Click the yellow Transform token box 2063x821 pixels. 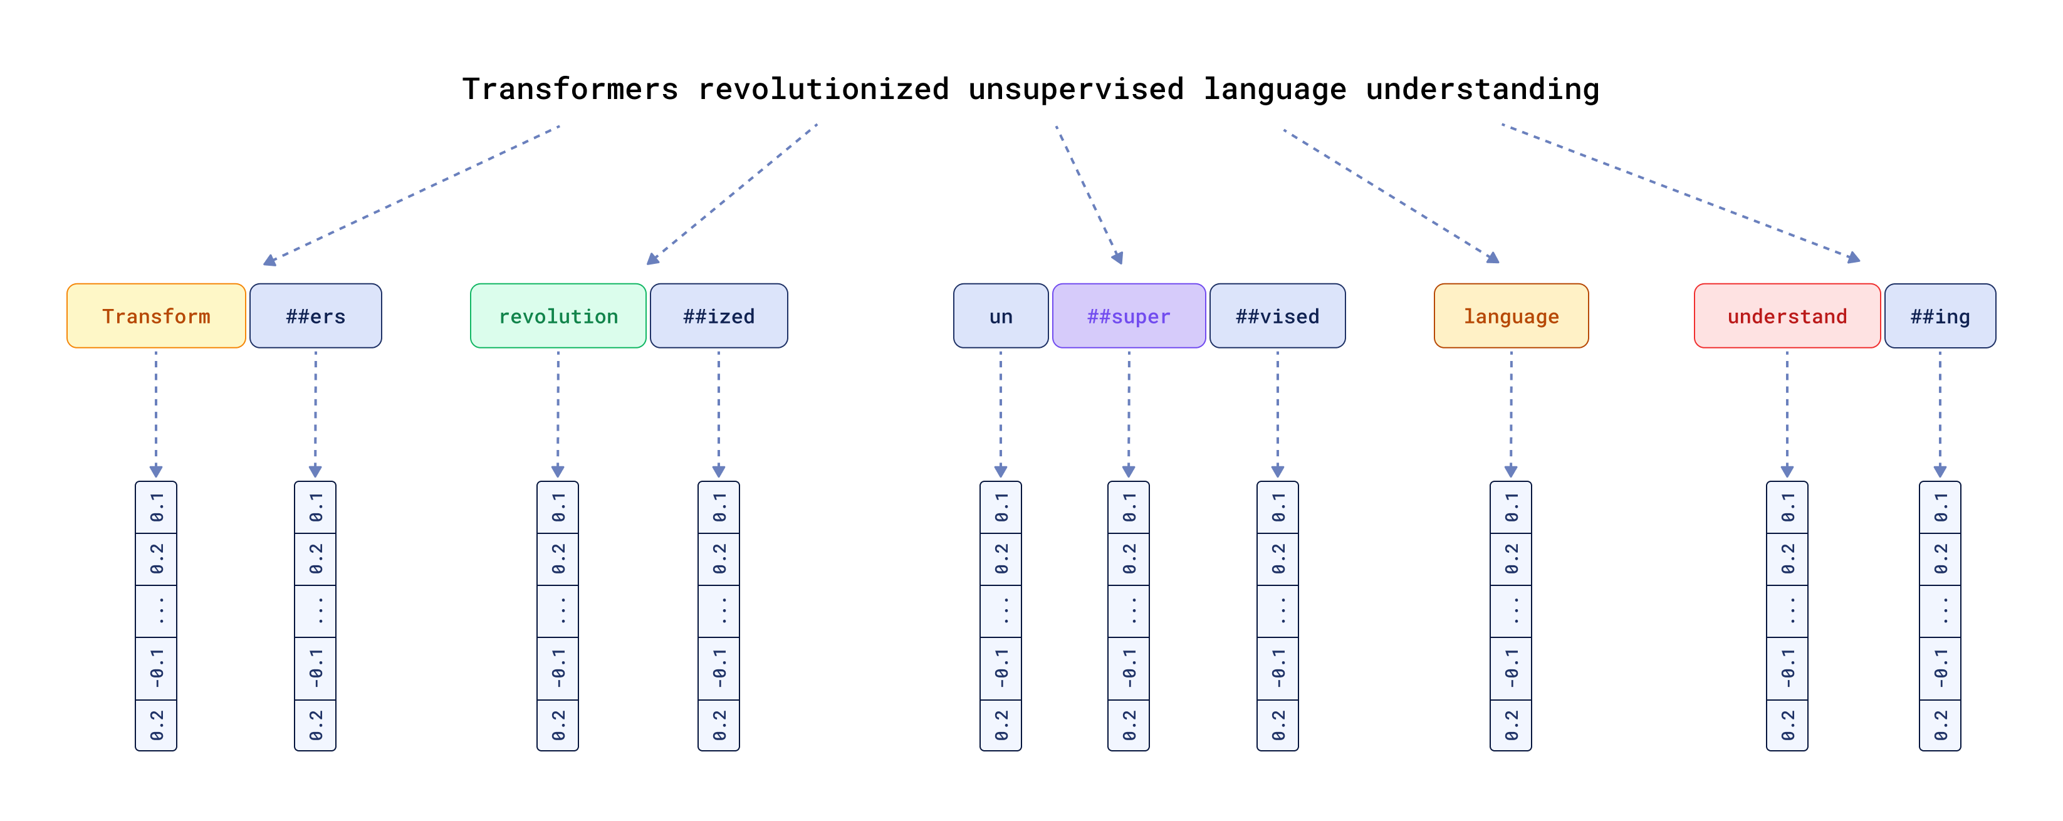click(156, 316)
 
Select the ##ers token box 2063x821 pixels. click(316, 316)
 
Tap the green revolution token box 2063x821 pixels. click(558, 316)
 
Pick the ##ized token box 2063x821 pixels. click(718, 316)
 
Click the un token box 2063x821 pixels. click(1000, 316)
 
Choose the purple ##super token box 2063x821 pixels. click(1129, 316)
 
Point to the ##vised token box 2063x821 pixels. click(1277, 316)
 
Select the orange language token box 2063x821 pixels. click(1511, 316)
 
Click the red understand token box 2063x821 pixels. click(1787, 316)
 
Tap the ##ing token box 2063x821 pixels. click(1940, 316)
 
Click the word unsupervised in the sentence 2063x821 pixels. click(1075, 89)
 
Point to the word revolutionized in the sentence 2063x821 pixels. click(823, 89)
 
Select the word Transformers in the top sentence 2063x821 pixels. click(570, 89)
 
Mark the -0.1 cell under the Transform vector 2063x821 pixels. click(156, 668)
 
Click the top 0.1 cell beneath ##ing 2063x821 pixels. click(1940, 507)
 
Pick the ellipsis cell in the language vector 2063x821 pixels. click(1511, 610)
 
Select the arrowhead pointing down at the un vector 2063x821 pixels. click(1000, 471)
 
